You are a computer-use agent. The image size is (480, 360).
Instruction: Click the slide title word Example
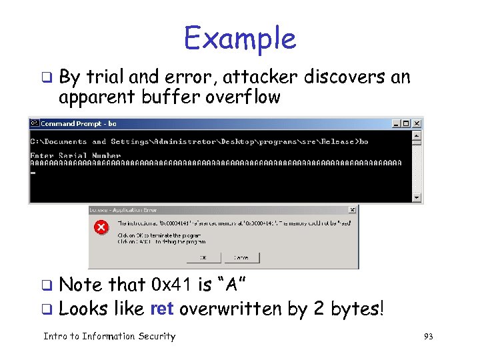239,38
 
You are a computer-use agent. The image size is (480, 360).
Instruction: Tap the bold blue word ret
162,309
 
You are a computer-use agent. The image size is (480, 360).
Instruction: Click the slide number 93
428,337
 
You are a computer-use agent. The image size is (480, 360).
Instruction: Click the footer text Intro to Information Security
109,337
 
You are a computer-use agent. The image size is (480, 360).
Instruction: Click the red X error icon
101,229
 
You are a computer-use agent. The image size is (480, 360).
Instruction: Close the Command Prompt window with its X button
417,123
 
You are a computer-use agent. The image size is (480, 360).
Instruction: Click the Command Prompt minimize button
397,123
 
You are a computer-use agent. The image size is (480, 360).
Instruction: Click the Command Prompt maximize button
406,123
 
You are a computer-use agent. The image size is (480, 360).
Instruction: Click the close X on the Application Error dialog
353,209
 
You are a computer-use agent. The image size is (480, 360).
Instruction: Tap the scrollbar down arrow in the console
417,197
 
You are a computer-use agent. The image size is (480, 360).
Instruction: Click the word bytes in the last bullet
355,310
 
